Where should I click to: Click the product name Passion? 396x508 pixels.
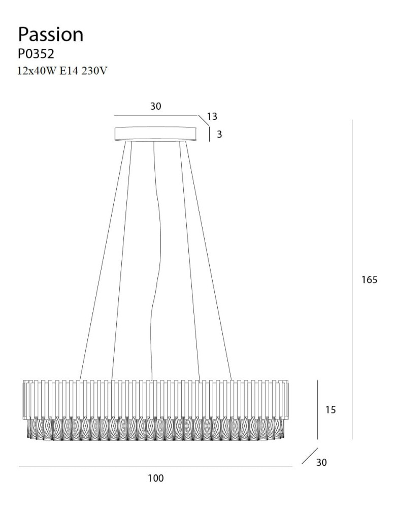click(50, 35)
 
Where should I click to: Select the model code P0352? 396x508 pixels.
click(36, 54)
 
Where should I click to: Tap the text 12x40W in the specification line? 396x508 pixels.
click(37, 71)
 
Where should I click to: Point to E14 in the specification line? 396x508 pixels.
click(69, 71)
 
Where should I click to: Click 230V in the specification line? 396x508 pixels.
click(94, 71)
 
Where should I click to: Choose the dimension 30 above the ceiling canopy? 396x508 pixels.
click(155, 106)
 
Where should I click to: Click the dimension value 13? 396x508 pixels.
click(212, 116)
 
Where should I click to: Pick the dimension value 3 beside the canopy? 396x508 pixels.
click(219, 134)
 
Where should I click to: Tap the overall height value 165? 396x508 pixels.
click(370, 279)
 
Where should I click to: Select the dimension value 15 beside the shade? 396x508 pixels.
click(331, 410)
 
